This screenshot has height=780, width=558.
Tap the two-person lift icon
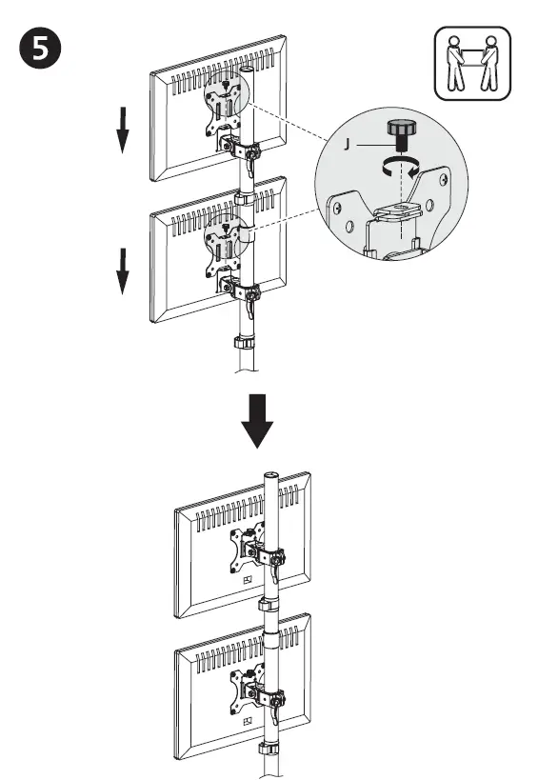click(471, 64)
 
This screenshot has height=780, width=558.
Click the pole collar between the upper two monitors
click(245, 197)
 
